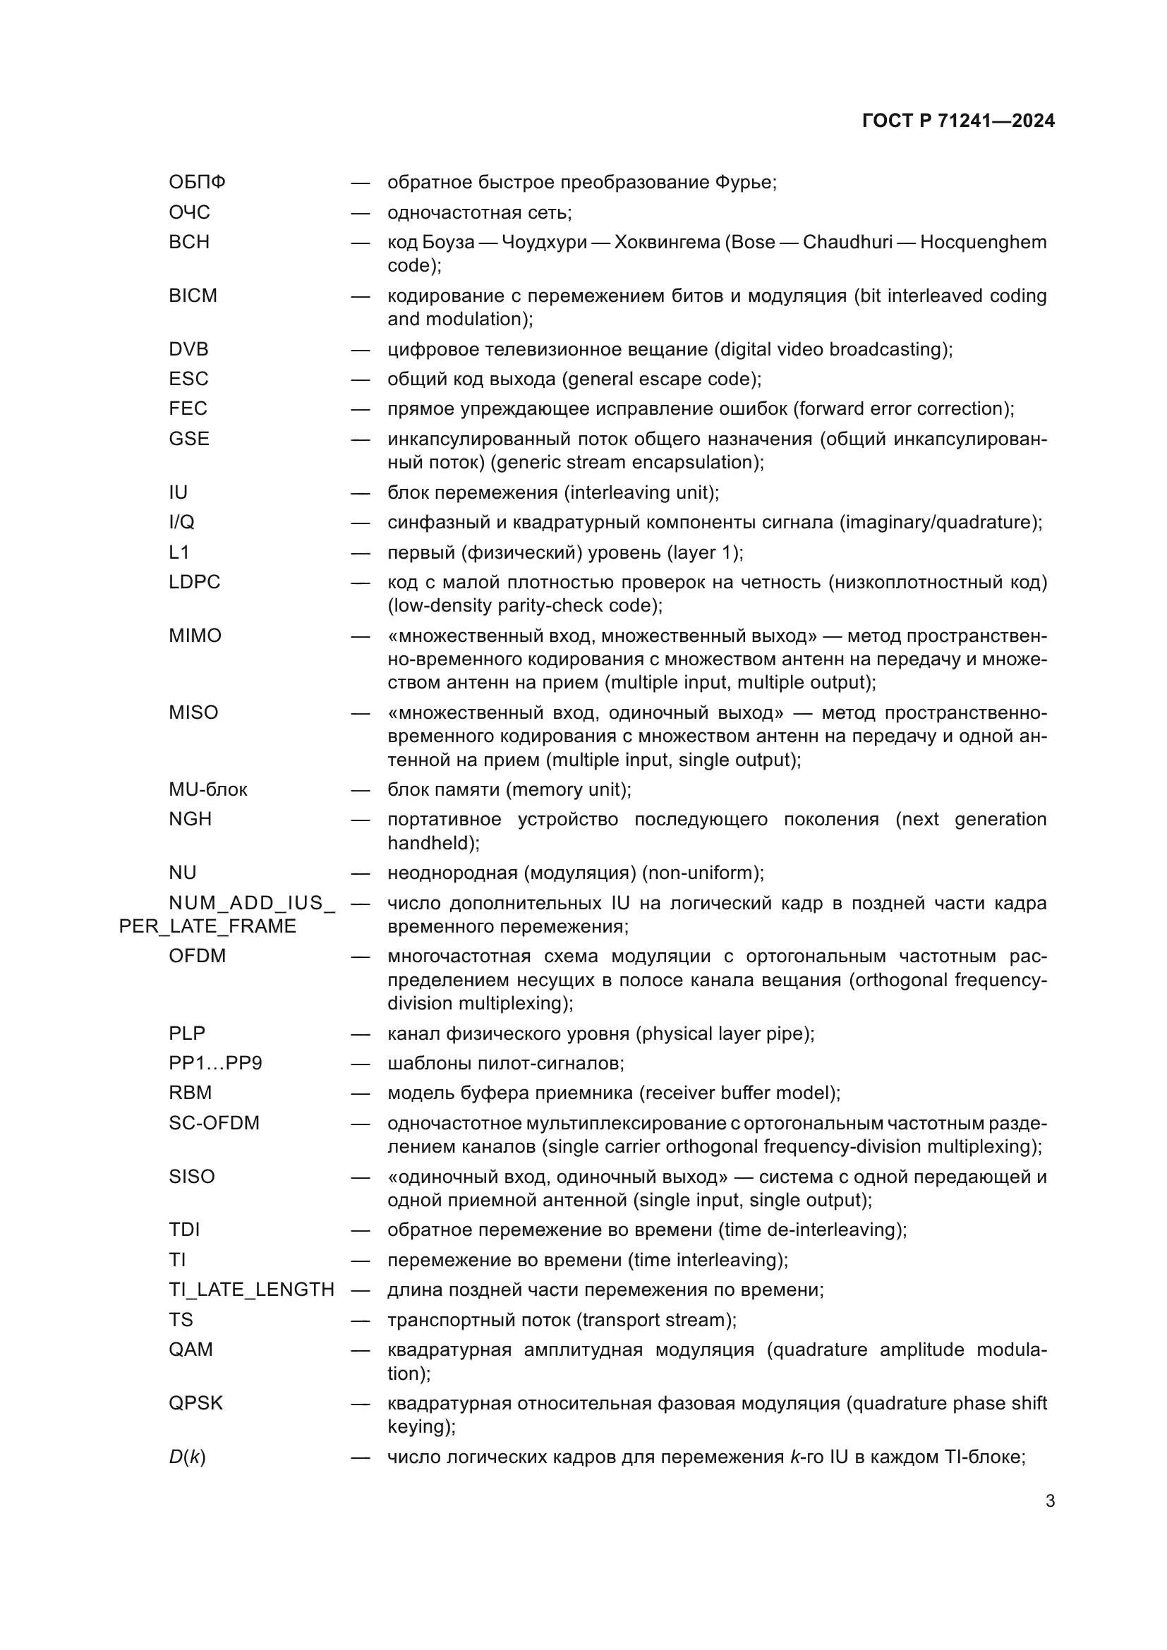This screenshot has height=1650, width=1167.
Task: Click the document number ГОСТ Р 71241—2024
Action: [x=958, y=121]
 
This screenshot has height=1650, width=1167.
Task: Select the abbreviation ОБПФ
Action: [x=197, y=183]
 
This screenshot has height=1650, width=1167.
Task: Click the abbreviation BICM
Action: [x=193, y=296]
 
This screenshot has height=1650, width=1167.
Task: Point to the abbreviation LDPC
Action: [x=194, y=582]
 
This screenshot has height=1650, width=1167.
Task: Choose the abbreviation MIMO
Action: [x=195, y=636]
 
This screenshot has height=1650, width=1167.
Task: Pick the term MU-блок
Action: [x=207, y=790]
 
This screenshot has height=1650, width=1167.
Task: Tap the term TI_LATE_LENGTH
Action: [x=251, y=1290]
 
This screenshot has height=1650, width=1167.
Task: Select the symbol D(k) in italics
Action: [x=187, y=1457]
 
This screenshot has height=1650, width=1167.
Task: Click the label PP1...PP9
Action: [x=215, y=1064]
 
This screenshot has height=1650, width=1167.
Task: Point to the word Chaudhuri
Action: [x=847, y=243]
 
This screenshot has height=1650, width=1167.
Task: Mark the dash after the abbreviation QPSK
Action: [x=360, y=1405]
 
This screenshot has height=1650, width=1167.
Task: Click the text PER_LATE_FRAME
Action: [x=207, y=926]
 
